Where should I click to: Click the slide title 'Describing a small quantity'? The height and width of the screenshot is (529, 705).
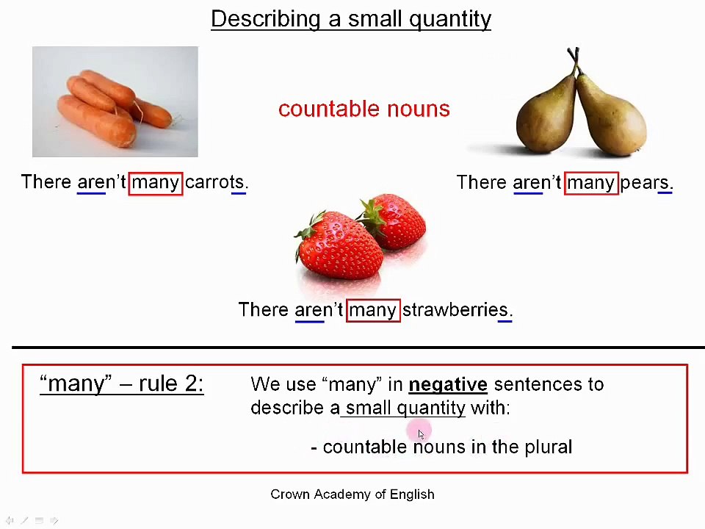pyautogui.click(x=351, y=19)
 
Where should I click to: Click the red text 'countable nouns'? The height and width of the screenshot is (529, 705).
pyautogui.click(x=364, y=109)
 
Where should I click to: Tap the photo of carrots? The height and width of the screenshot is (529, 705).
pyautogui.click(x=115, y=102)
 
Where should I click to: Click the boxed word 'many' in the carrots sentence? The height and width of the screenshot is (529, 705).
pyautogui.click(x=155, y=182)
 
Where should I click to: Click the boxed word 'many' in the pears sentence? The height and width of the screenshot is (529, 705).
pyautogui.click(x=590, y=182)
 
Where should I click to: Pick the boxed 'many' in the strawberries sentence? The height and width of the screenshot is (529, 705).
pyautogui.click(x=372, y=310)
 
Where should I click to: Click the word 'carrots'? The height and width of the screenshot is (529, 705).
pyautogui.click(x=214, y=182)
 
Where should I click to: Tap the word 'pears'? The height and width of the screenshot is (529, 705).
pyautogui.click(x=644, y=182)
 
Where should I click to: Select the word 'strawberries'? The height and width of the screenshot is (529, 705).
pyautogui.click(x=455, y=310)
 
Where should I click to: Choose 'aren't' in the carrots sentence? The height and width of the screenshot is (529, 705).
pyautogui.click(x=101, y=182)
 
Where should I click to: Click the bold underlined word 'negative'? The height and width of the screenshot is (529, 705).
pyautogui.click(x=448, y=384)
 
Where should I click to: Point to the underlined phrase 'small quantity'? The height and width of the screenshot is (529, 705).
pyautogui.click(x=405, y=408)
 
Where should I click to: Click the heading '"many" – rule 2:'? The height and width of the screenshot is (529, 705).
pyautogui.click(x=121, y=384)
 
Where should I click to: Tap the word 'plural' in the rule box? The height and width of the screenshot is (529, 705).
pyautogui.click(x=548, y=447)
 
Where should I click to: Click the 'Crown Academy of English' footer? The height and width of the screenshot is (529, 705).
pyautogui.click(x=352, y=494)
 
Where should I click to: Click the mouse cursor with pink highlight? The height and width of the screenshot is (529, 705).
pyautogui.click(x=420, y=433)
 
